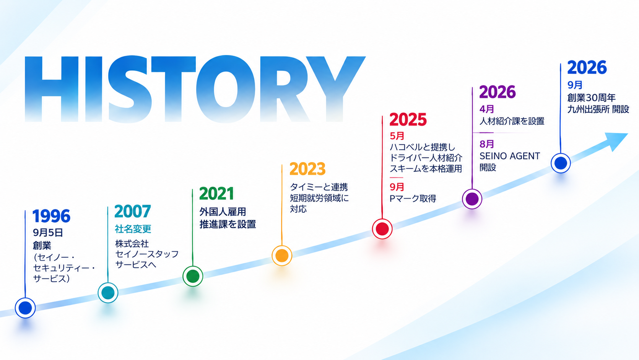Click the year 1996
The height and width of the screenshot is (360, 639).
pyautogui.click(x=51, y=216)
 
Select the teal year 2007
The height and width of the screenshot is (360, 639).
pyautogui.click(x=133, y=211)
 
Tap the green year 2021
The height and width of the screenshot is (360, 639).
pyautogui.click(x=217, y=194)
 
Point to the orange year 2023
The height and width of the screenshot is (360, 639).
pyautogui.click(x=307, y=169)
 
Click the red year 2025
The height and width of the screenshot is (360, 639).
pyautogui.click(x=408, y=120)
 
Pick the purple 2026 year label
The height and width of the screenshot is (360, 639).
pyautogui.click(x=498, y=92)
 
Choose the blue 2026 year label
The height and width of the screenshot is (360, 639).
pyautogui.click(x=587, y=68)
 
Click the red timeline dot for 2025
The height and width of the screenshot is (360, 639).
pyautogui.click(x=382, y=229)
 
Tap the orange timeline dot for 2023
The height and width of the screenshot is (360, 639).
pyautogui.click(x=282, y=256)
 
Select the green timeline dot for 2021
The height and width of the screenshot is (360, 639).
pyautogui.click(x=193, y=276)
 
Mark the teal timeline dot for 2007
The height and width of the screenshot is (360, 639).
pyautogui.click(x=108, y=293)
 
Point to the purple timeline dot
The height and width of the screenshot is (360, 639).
pyautogui.click(x=472, y=199)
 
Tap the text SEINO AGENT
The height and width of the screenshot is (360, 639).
pyautogui.click(x=510, y=156)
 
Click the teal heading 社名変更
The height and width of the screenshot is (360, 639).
pyautogui.click(x=133, y=229)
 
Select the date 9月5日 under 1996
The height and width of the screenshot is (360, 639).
pyautogui.click(x=48, y=233)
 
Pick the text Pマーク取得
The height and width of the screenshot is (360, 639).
pyautogui.click(x=413, y=199)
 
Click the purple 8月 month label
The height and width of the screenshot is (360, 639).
pyautogui.click(x=487, y=144)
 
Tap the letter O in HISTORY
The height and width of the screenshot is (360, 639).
pyautogui.click(x=226, y=89)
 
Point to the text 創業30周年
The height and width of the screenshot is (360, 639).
pyautogui.click(x=591, y=98)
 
